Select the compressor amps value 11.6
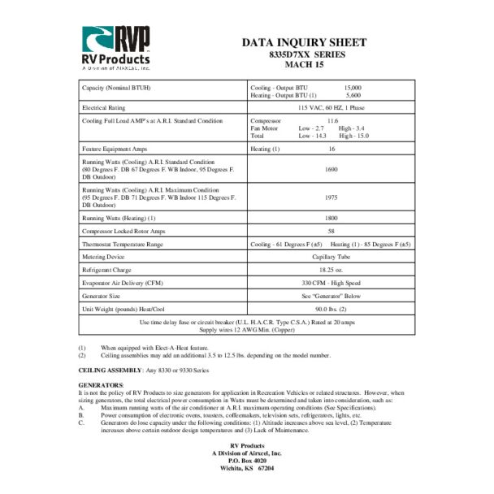pyautogui.click(x=332, y=120)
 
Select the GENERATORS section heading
pyautogui.click(x=101, y=383)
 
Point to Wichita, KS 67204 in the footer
pyautogui.click(x=247, y=469)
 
